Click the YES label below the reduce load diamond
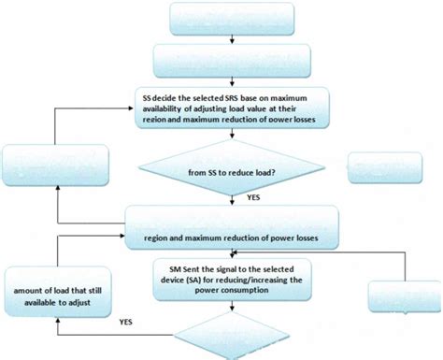tap(251, 198)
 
